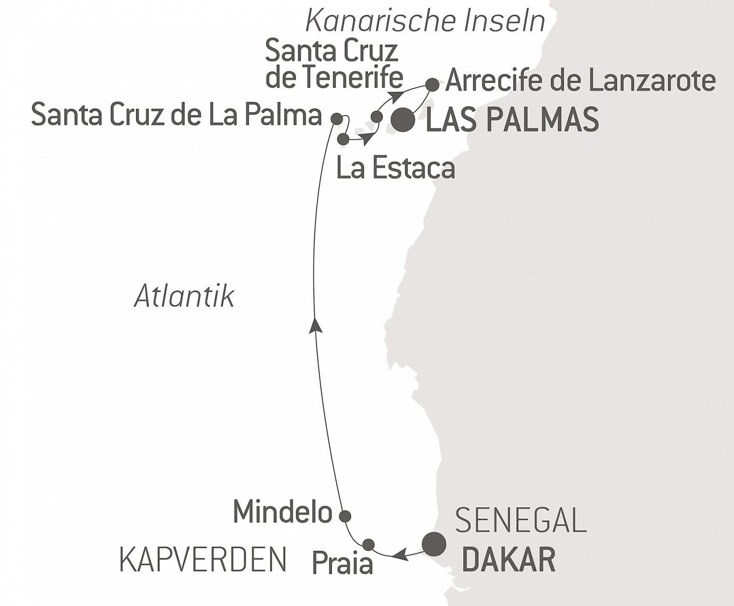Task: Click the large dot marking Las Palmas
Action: point(403,120)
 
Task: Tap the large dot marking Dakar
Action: point(434,543)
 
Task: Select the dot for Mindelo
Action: point(345,516)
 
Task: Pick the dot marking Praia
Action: point(368,544)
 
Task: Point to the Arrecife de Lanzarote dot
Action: point(432,84)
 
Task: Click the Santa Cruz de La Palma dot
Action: point(337,119)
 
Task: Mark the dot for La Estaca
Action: point(343,139)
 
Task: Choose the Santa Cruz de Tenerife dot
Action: point(377,117)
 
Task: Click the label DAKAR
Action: point(509,559)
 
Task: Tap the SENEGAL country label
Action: point(521,520)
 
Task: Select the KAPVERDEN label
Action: point(203,559)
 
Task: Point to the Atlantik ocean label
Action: point(184,296)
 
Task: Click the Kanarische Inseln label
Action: point(425,21)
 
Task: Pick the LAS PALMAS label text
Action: point(513,120)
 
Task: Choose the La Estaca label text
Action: point(396,168)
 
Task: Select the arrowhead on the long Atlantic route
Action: point(316,324)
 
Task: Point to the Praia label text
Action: point(342,563)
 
